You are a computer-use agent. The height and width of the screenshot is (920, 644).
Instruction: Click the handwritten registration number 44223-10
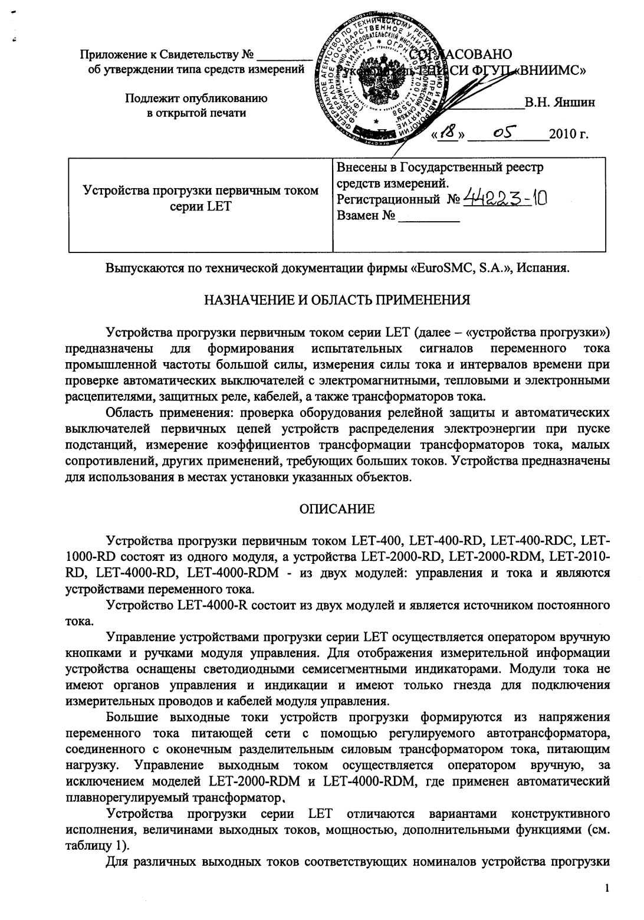coord(505,199)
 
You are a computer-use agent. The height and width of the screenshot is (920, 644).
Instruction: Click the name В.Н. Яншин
coord(559,102)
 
